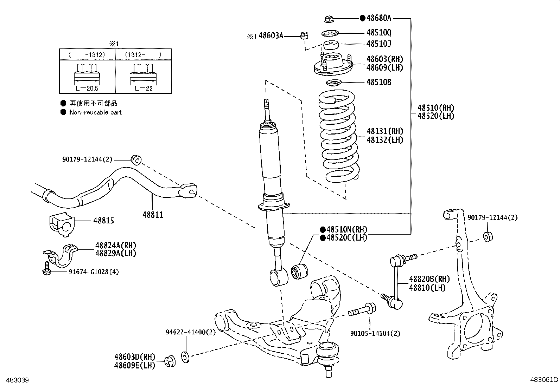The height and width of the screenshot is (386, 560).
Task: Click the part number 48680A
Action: click(378, 18)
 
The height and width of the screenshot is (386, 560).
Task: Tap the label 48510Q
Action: click(378, 33)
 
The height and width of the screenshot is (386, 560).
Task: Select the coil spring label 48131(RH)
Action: click(385, 131)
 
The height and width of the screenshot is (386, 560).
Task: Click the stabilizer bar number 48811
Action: click(153, 215)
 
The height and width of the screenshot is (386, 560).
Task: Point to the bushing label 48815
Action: click(103, 221)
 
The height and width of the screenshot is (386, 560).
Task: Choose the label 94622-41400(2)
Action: click(191, 332)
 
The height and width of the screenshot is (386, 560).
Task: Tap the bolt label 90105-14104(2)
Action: click(375, 333)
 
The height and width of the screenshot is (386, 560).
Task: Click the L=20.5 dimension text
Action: click(87, 89)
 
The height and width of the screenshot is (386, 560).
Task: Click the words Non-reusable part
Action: click(95, 112)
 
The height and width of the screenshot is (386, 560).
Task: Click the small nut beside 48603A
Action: click(304, 35)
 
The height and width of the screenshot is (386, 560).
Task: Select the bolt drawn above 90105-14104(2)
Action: click(362, 310)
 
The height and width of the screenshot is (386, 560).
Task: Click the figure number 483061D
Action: click(544, 380)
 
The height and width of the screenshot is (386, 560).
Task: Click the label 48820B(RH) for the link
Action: click(429, 280)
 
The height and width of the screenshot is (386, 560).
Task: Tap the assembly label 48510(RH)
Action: click(436, 108)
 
